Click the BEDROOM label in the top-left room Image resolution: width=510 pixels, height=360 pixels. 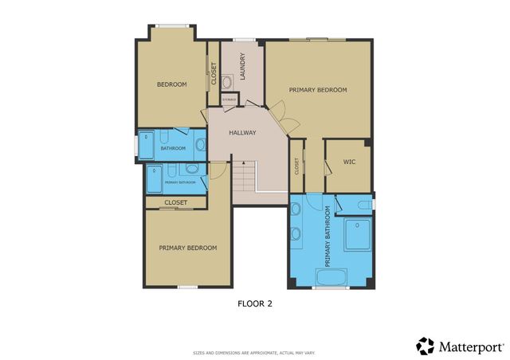pyautogui.click(x=171, y=84)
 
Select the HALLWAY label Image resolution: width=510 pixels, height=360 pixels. pyautogui.click(x=242, y=132)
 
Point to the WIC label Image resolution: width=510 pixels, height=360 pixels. pyautogui.click(x=348, y=161)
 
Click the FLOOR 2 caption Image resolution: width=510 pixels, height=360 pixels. pyautogui.click(x=255, y=303)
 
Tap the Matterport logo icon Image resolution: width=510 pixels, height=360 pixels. pyautogui.click(x=426, y=346)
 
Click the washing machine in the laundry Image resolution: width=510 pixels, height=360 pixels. pyautogui.click(x=226, y=81)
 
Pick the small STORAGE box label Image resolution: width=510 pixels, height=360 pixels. pyautogui.click(x=229, y=100)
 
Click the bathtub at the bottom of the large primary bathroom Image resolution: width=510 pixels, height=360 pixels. pyautogui.click(x=331, y=279)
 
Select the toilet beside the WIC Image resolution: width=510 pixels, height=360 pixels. pyautogui.click(x=364, y=205)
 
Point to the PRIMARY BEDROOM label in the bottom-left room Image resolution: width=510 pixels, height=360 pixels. pyautogui.click(x=188, y=248)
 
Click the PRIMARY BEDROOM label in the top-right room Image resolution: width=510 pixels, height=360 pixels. pyautogui.click(x=318, y=90)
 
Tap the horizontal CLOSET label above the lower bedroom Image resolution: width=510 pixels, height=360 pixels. pyautogui.click(x=176, y=202)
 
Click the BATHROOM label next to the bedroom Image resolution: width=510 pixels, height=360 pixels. pyautogui.click(x=173, y=148)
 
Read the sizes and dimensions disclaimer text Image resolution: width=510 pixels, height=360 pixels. pyautogui.click(x=255, y=353)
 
